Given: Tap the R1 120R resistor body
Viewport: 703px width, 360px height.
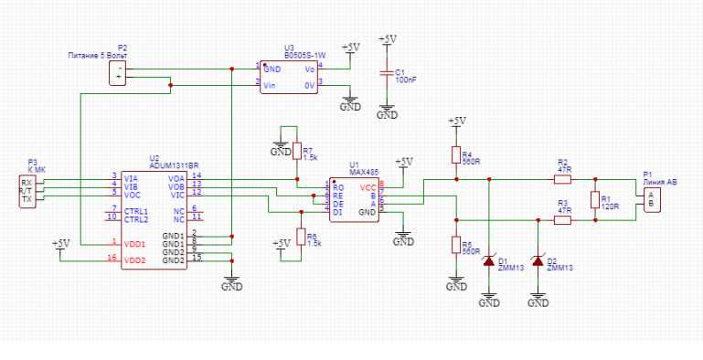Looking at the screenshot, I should click(x=594, y=200).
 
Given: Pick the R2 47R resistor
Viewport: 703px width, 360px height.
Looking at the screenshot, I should click(x=562, y=179).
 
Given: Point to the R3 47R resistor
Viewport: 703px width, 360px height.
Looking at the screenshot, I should click(x=562, y=220).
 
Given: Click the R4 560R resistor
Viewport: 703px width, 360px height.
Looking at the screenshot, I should click(x=455, y=155).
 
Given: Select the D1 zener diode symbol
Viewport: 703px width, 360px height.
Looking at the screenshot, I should click(x=489, y=261).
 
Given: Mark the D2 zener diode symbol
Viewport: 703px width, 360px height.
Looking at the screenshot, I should click(x=539, y=261).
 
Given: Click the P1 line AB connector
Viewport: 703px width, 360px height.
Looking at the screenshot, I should click(x=650, y=200).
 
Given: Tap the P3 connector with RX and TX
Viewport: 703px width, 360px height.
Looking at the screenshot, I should click(x=27, y=191).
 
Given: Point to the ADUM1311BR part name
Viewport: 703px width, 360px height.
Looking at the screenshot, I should click(x=174, y=165).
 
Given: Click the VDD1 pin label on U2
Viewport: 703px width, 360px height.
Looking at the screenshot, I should click(x=134, y=243).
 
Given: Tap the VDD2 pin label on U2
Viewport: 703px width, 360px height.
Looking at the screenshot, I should click(x=134, y=260).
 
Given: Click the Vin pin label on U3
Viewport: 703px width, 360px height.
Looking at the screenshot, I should click(x=270, y=85).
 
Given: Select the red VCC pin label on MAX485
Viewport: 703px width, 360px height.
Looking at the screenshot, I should click(x=367, y=186).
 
